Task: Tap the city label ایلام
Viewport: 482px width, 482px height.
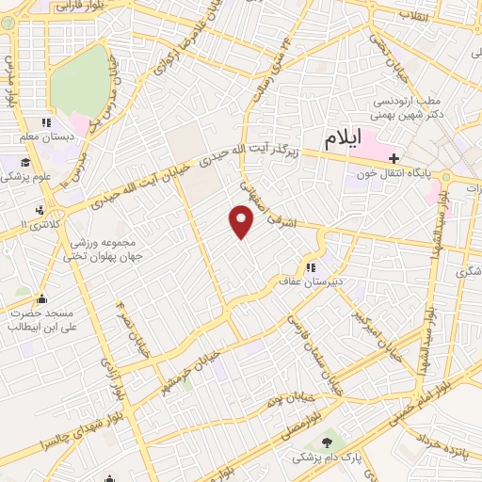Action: point(343,138)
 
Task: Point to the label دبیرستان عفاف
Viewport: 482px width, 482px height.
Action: point(307,280)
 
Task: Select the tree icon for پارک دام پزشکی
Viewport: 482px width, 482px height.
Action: point(328,442)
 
